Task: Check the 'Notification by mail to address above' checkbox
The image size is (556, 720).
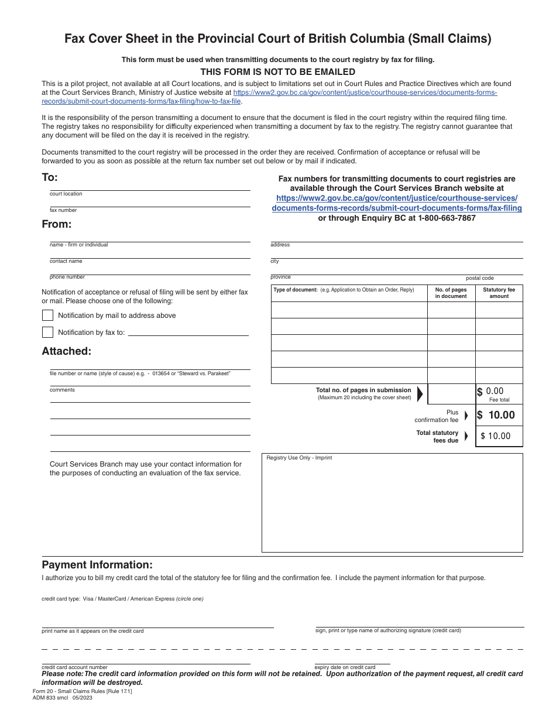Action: [48, 315]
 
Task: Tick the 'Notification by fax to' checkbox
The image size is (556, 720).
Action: [48, 332]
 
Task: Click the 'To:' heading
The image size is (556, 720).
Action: [50, 177]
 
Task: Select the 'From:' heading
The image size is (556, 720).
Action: [56, 224]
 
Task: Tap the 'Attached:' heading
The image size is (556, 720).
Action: [66, 351]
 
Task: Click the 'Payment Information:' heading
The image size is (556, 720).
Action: [97, 565]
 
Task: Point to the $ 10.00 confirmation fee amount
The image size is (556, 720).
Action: [496, 416]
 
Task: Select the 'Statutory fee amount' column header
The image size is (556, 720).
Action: [499, 293]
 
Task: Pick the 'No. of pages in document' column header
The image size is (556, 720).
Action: [451, 293]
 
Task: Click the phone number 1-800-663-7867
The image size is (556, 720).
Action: [447, 218]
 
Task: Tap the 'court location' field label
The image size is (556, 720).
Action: [66, 194]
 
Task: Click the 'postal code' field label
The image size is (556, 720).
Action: [480, 278]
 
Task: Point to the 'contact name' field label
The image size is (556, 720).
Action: [66, 261]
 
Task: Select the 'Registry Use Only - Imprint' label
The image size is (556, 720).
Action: [299, 458]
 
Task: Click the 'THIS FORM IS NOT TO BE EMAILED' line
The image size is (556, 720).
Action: [278, 72]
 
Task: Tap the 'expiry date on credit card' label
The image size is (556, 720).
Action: [345, 667]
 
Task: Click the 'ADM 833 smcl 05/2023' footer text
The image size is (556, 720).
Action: [63, 698]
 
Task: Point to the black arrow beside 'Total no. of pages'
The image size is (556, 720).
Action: [420, 394]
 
